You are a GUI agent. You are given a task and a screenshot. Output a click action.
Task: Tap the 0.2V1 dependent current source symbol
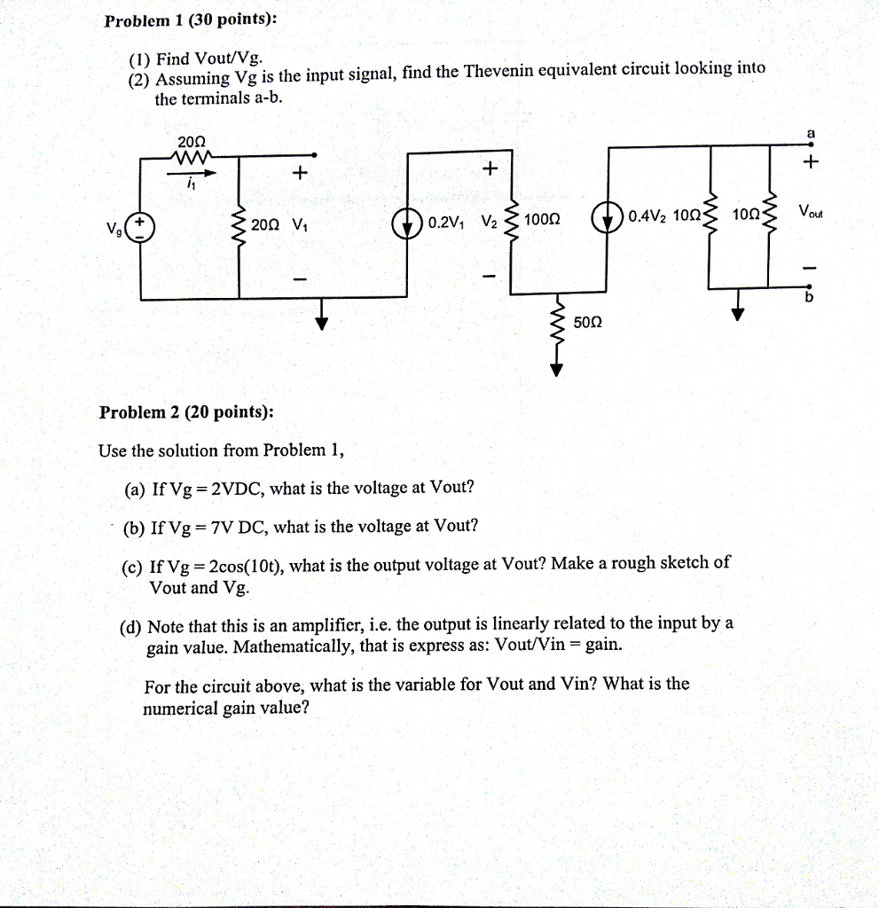point(407,221)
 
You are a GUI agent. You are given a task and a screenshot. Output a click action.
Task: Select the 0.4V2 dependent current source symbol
point(609,218)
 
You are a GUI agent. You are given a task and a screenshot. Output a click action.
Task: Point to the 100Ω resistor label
point(541,219)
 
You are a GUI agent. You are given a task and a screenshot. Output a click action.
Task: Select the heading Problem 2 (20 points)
point(186,412)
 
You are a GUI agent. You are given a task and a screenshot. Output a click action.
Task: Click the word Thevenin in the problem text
point(495,75)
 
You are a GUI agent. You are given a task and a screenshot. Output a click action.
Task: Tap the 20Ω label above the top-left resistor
point(192,142)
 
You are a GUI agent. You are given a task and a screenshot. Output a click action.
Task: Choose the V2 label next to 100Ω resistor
point(491,220)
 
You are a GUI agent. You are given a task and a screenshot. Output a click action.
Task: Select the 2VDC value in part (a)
point(237,489)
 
